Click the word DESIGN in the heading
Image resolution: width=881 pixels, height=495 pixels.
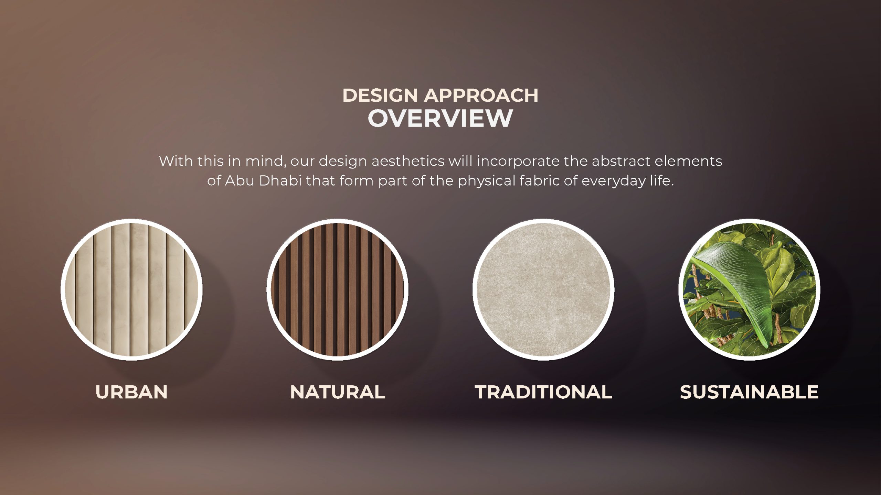point(380,95)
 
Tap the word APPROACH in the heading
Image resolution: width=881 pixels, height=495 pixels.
point(481,95)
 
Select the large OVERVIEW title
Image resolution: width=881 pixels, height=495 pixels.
point(440,118)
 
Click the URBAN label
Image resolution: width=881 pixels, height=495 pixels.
point(131,392)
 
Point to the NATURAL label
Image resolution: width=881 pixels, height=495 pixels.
point(338,392)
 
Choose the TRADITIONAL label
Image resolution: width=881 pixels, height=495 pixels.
point(543,392)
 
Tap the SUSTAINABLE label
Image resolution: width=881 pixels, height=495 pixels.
point(749,392)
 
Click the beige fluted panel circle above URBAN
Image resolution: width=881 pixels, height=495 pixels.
point(131,289)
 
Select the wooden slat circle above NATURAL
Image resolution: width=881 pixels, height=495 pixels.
point(337,289)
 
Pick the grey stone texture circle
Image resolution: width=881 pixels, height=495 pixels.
point(543,289)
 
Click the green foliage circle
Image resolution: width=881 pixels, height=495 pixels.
point(749,289)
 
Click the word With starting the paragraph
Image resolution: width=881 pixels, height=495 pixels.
point(176,161)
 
